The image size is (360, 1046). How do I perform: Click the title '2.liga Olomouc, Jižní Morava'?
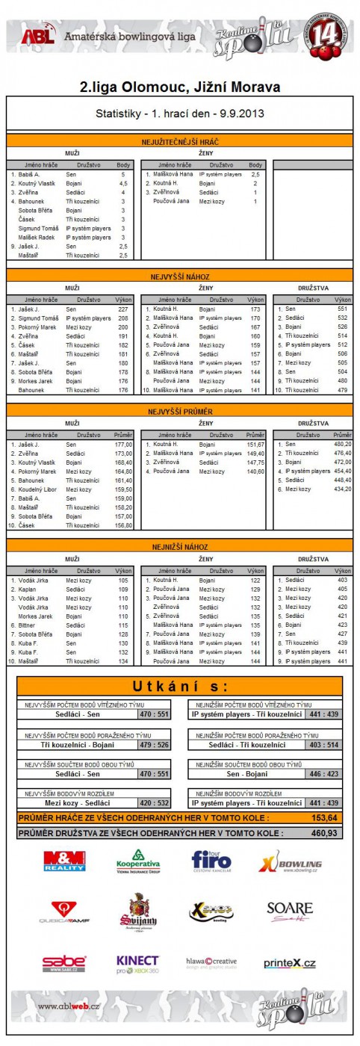180,87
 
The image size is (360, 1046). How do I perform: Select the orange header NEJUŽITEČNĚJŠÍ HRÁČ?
180,141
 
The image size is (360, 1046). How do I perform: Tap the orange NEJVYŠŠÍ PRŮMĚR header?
180,410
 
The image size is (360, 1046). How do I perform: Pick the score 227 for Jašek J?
122,309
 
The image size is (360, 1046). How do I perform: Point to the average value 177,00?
122,444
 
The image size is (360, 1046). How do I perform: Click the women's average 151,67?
255,444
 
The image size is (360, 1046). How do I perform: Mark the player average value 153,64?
323,817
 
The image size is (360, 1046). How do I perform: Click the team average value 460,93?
323,832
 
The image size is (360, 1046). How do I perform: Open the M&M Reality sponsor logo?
64,861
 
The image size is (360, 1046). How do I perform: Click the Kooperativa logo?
138,861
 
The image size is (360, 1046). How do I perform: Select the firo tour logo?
211,861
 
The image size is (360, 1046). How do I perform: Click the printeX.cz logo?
289,963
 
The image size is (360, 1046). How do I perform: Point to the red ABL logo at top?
34,37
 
